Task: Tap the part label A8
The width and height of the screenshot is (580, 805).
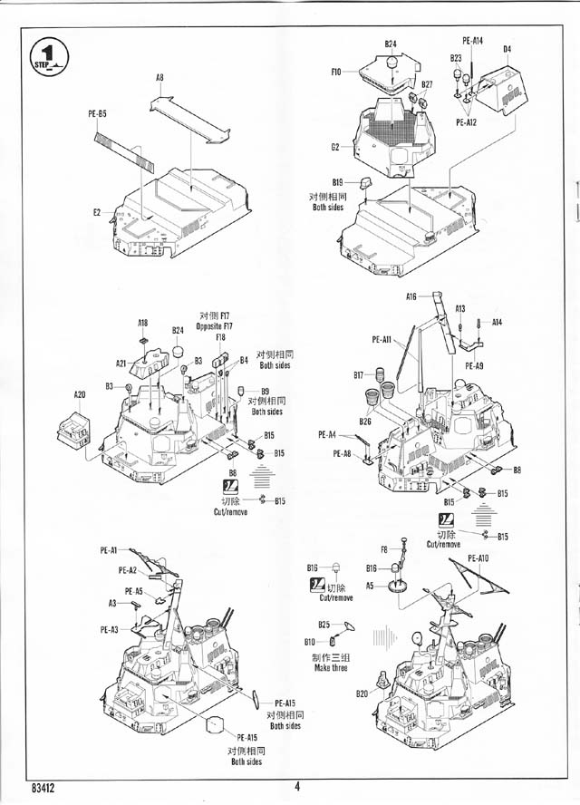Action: point(159,78)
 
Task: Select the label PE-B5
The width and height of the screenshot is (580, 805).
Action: point(97,114)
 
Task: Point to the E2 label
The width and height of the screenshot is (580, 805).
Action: point(97,213)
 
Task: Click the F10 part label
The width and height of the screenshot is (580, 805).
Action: point(335,71)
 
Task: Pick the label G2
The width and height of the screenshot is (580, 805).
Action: point(335,146)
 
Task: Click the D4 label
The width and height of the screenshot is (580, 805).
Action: point(507,49)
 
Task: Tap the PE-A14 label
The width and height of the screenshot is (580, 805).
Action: point(473,41)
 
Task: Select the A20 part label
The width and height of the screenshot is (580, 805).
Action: point(79,395)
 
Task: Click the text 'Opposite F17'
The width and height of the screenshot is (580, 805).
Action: point(214,325)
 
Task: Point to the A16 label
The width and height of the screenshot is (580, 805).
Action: point(411,296)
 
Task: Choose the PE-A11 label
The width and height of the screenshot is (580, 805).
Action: point(381,340)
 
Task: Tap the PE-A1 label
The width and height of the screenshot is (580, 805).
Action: point(109,550)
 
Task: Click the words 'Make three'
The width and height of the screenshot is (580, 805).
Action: point(331,668)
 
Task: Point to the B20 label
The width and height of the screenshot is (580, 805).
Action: point(362,693)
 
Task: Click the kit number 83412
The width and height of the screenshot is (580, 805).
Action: point(43,788)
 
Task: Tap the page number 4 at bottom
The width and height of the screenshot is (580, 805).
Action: point(296,787)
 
